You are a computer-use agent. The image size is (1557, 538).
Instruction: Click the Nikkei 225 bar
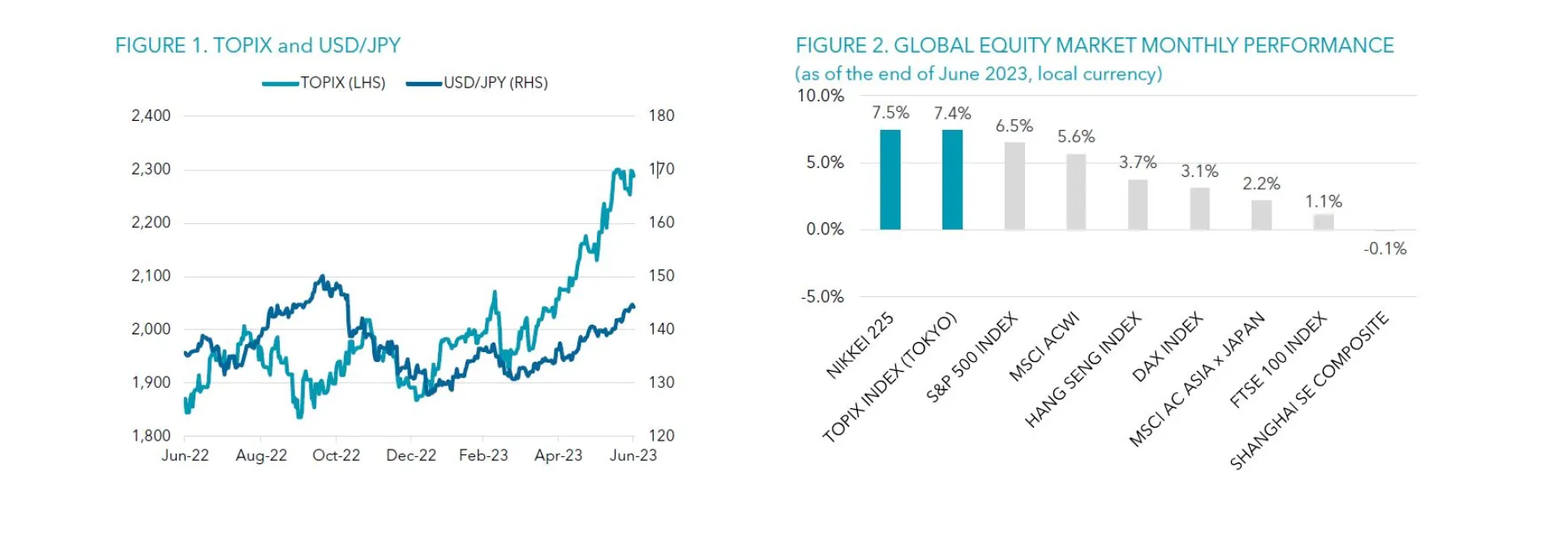pos(890,179)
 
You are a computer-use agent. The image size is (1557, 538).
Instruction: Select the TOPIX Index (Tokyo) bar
pos(952,179)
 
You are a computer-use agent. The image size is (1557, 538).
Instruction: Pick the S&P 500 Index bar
pos(1014,186)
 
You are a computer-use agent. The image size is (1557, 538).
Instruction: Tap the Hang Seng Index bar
pos(1138,204)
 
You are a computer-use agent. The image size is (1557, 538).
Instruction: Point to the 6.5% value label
pos(1014,126)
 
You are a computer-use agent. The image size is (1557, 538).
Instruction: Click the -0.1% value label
pos(1385,249)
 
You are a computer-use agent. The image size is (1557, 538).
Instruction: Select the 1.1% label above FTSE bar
pos(1323,201)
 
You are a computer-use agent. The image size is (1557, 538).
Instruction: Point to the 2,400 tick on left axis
pos(151,115)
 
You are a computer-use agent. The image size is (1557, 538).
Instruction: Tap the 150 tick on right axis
pos(662,276)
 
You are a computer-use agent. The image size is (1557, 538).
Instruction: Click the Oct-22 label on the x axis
pos(337,455)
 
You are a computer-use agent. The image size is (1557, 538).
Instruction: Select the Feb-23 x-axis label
pos(483,455)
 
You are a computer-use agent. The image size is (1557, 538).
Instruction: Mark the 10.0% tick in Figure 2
pos(821,96)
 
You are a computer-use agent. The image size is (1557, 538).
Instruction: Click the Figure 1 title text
pos(258,45)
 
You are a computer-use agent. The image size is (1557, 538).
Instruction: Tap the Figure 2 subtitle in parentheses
pos(979,74)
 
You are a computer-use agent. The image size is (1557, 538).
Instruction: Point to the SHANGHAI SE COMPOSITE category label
pos(1309,390)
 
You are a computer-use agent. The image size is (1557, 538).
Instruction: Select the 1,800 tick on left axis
pos(151,436)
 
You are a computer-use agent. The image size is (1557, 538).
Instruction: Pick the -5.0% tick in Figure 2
pos(822,297)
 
